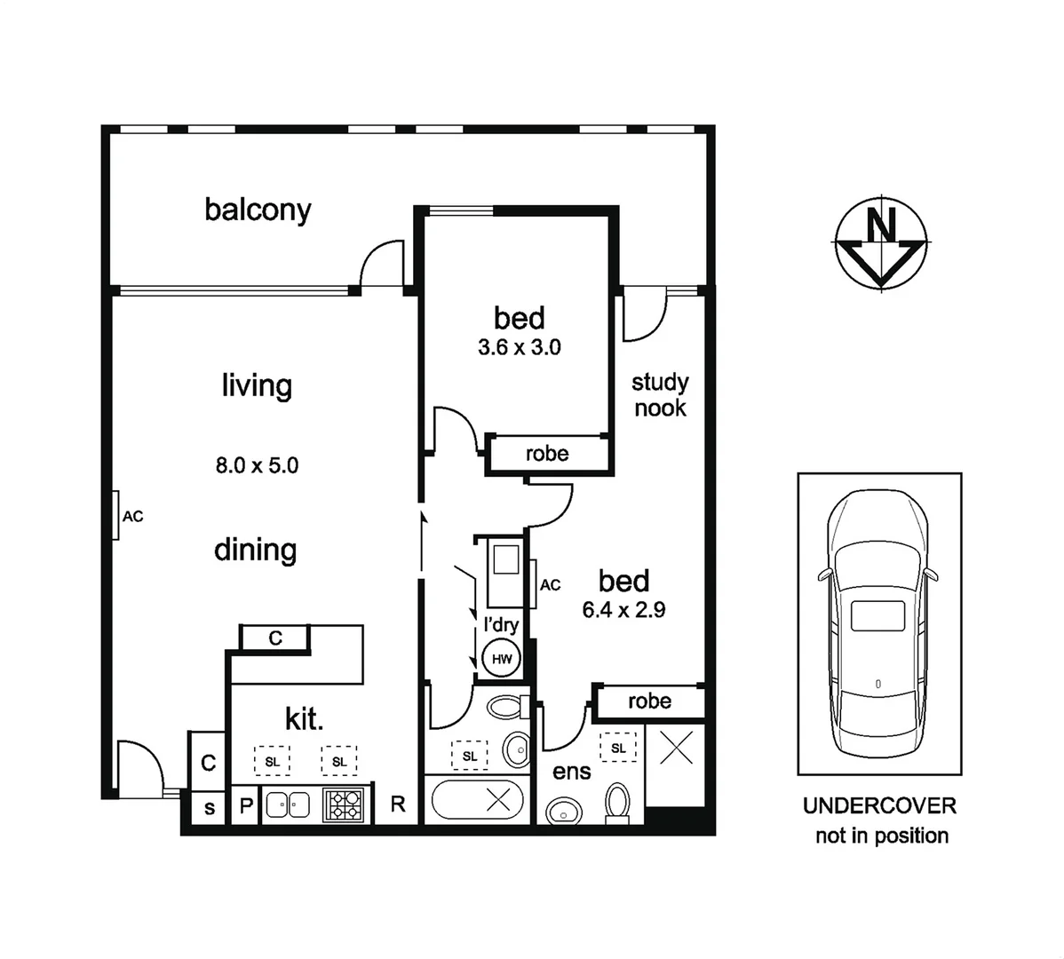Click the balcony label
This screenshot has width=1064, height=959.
tap(258, 210)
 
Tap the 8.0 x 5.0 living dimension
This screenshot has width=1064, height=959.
tap(257, 464)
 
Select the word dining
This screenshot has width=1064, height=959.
tap(255, 550)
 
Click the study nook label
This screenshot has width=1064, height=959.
tap(660, 395)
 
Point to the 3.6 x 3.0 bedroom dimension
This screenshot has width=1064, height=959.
tap(519, 347)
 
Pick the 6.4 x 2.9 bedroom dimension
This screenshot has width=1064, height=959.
tap(623, 610)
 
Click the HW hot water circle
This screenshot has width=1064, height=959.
tap(501, 659)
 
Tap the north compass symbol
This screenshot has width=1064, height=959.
tap(881, 242)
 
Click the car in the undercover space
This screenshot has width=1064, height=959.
tap(878, 622)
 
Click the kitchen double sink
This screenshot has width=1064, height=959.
tap(288, 804)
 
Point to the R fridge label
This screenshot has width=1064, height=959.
tap(398, 804)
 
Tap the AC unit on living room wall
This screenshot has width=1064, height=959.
tap(117, 515)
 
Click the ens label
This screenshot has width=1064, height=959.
tap(571, 772)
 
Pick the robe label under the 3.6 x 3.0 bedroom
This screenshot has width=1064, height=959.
tap(546, 454)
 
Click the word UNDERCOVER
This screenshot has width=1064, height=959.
tap(879, 806)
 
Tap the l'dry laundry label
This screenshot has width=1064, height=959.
tap(500, 624)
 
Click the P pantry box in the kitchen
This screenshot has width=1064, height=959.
tap(246, 806)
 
